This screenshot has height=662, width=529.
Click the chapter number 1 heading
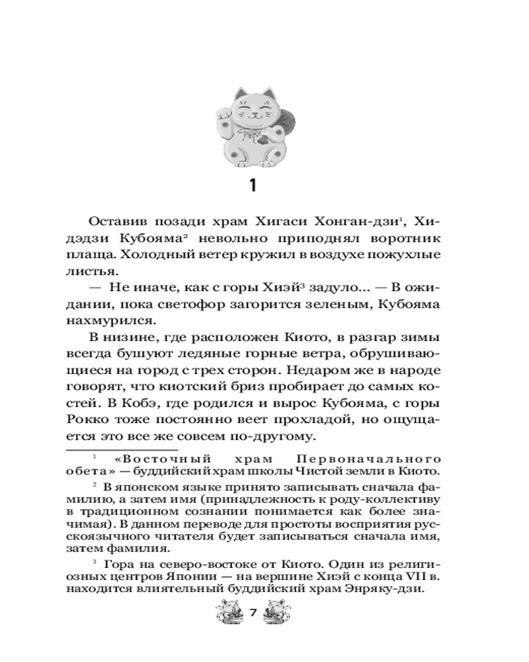251,186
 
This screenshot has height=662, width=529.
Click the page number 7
252,613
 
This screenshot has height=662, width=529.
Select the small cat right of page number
274,612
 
